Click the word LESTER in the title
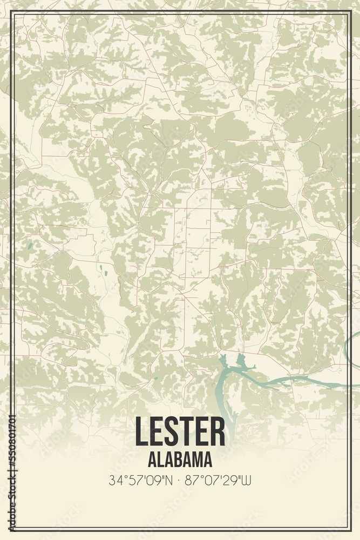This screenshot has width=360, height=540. [180, 432]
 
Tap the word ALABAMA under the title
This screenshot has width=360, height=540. [180, 460]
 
